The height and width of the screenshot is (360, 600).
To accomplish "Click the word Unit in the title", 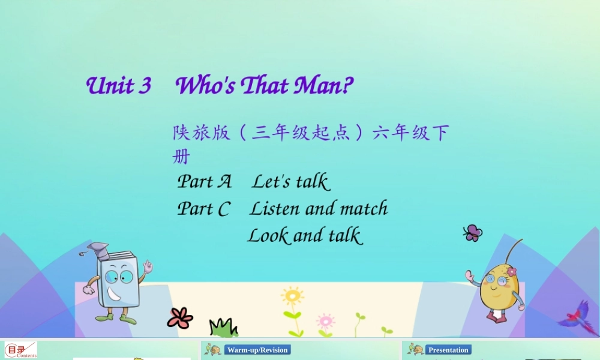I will [110, 86].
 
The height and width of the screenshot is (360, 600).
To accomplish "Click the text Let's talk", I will [290, 181].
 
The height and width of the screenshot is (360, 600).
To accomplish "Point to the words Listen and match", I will [319, 209].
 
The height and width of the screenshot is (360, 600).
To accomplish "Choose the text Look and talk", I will [305, 235].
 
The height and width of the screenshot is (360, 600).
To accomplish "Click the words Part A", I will [204, 181].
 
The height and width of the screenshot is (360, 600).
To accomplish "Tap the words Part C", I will [203, 209].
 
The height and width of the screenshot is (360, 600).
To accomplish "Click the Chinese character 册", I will [181, 157].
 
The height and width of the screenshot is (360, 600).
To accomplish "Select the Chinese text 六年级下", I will [410, 133].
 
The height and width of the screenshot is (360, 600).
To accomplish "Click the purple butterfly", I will [473, 233].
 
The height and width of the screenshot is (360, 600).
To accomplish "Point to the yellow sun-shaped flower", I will [292, 296].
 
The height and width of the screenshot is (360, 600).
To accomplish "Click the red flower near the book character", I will [180, 317].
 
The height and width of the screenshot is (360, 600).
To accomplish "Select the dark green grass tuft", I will [223, 328].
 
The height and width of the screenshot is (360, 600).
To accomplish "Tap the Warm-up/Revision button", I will [257, 350].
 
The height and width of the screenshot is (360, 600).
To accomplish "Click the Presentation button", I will [448, 350].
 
